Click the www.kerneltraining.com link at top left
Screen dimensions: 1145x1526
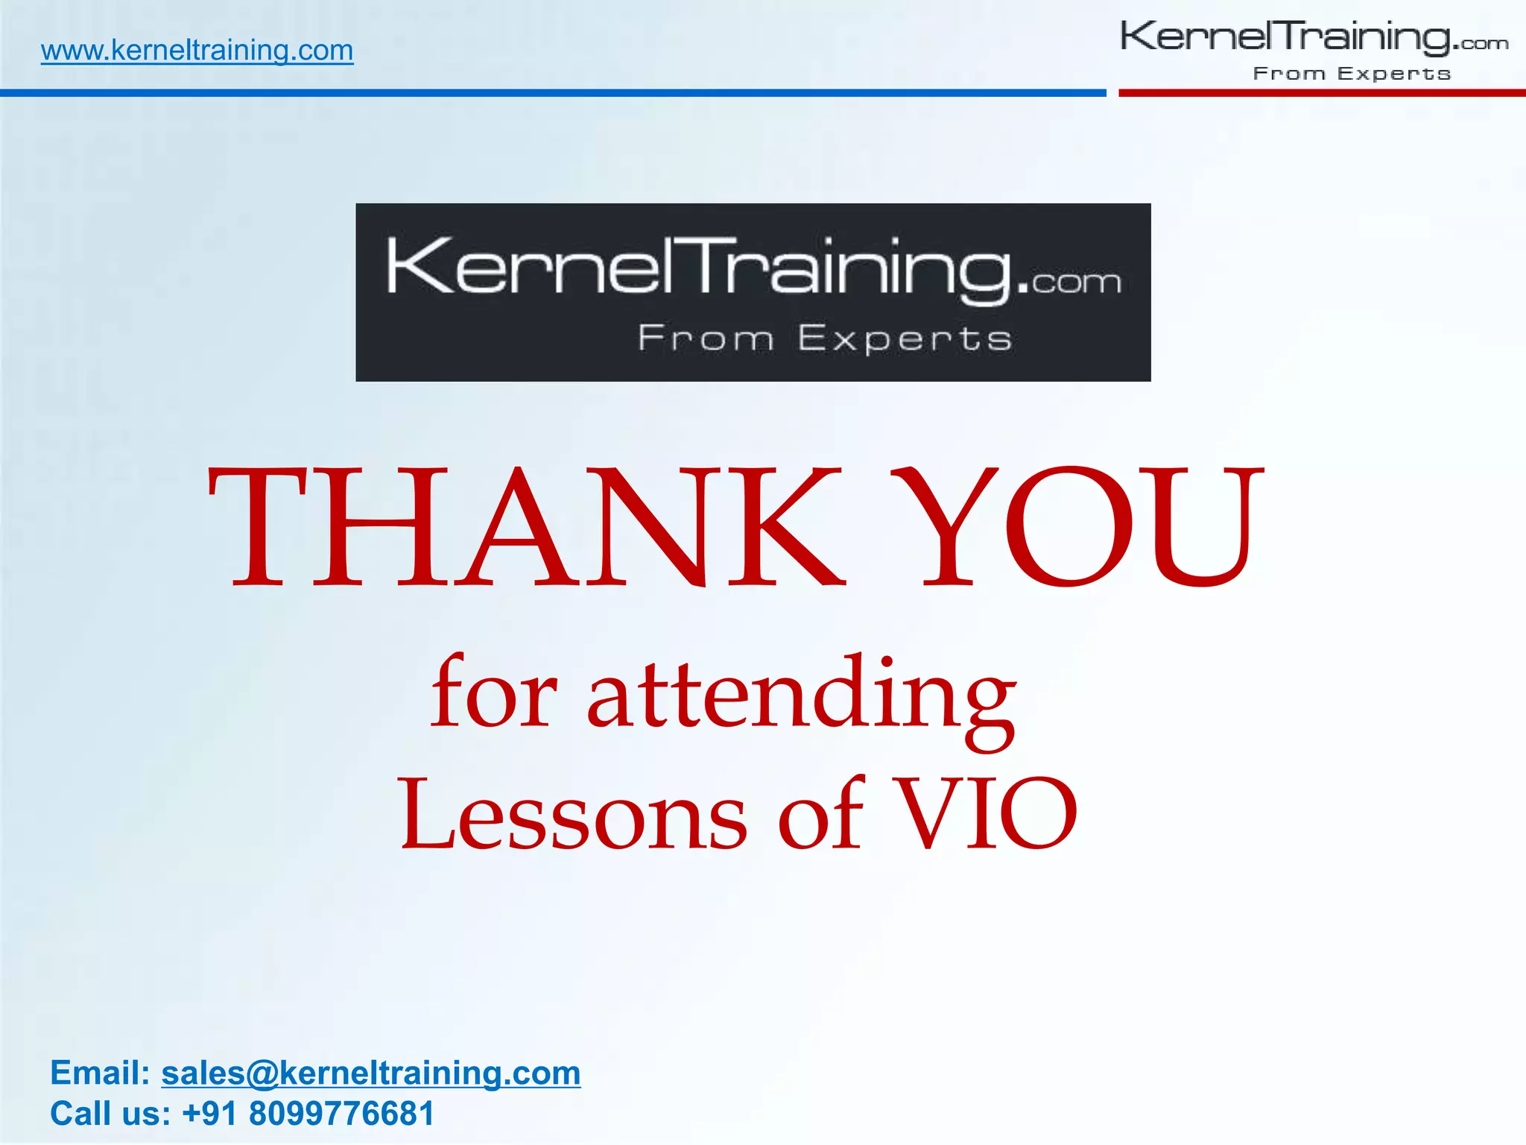click(197, 51)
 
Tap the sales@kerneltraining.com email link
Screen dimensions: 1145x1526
click(370, 1073)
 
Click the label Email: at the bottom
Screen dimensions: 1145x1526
click(101, 1073)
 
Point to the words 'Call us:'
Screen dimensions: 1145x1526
click(110, 1114)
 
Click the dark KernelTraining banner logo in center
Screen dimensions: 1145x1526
click(753, 291)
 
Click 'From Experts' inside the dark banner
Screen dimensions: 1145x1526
click(824, 338)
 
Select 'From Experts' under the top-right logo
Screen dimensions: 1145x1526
click(1352, 73)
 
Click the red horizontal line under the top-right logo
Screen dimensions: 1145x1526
click(1321, 93)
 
